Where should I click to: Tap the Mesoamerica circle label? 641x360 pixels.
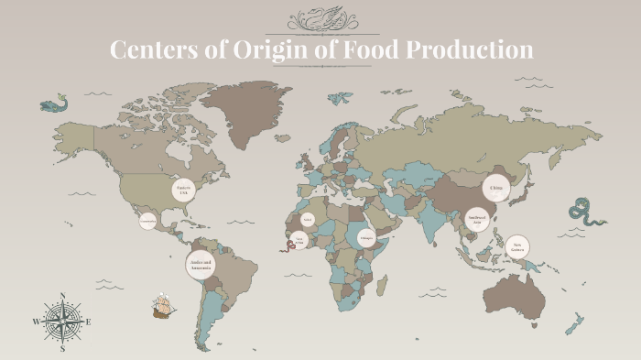tap(147, 221)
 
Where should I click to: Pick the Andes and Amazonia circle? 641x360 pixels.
tap(201, 267)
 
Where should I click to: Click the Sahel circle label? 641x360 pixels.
tap(308, 220)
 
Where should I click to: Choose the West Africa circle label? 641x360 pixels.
tap(299, 241)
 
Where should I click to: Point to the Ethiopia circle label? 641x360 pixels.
tap(366, 237)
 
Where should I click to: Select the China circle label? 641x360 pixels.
tap(496, 188)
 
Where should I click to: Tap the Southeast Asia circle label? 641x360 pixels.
tap(475, 219)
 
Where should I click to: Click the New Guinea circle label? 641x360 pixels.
tap(517, 245)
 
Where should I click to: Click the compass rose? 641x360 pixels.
tap(62, 322)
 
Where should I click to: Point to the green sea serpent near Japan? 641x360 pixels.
tap(585, 212)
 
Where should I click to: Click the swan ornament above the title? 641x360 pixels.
tap(320, 18)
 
